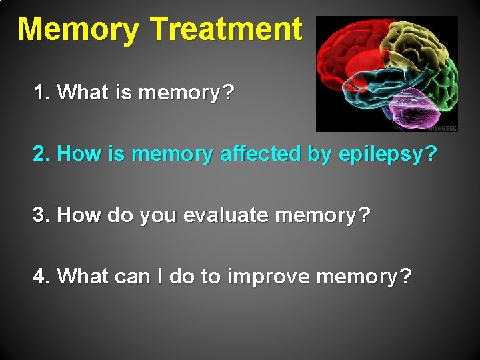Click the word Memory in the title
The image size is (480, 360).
pos(79,30)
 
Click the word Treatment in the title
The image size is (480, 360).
pos(227,29)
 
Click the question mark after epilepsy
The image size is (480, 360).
pos(431,154)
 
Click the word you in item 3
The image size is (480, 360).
pos(153,216)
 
